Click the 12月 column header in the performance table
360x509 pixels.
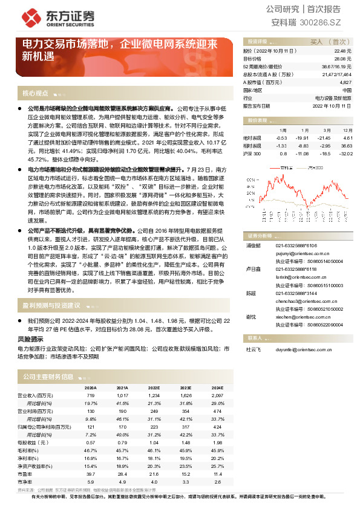347,130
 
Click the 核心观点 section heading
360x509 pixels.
35,94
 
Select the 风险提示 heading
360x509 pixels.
30,341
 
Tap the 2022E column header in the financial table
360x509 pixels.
154,387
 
